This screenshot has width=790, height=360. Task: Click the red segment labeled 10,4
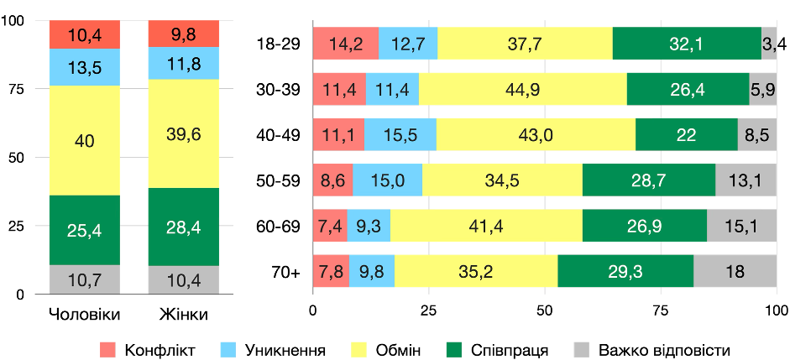pos(85,34)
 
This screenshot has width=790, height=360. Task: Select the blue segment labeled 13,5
pos(85,67)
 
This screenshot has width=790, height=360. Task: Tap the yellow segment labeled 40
pos(85,140)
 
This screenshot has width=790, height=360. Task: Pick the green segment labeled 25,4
pos(85,230)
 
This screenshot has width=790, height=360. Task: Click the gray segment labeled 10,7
pos(85,279)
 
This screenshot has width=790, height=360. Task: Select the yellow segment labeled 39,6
pos(183,134)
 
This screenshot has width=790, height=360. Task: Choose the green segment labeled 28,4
pos(183,227)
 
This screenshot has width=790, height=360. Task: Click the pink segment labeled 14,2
pos(346,44)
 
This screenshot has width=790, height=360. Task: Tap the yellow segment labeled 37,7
pos(525,44)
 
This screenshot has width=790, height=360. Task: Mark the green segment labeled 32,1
pos(686,44)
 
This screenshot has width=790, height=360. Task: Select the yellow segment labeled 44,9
pos(522,89)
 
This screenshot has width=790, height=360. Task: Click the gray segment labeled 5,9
pos(762,89)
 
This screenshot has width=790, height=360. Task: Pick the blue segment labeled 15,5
pos(400,134)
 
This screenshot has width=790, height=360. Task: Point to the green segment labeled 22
pos(686,134)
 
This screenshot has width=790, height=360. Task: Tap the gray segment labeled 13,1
pos(746,180)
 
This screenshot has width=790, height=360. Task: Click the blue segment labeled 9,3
pos(369,225)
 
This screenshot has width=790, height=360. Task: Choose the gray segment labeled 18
pos(735,270)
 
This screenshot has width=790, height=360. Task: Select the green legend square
pos(453,349)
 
